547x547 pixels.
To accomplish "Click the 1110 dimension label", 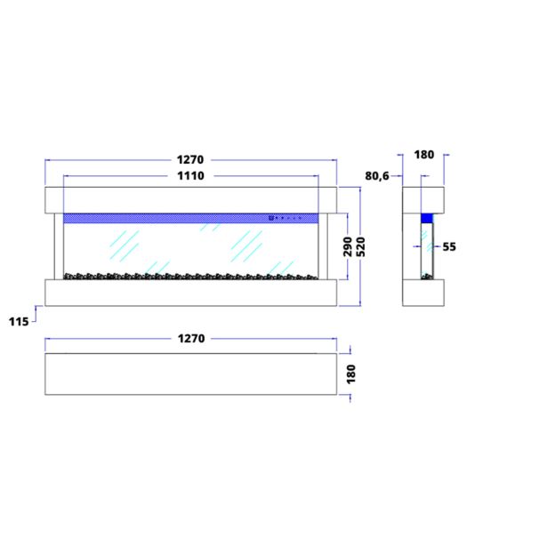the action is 190,176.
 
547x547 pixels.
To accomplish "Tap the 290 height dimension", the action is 348,246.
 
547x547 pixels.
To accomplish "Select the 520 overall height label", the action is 361,246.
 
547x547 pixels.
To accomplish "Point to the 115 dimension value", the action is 19,322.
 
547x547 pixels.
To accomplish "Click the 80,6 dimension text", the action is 377,176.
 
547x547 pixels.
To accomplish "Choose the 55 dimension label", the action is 449,247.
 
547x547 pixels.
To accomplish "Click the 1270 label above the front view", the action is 190,160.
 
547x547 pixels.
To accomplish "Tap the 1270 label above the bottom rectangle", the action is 191,339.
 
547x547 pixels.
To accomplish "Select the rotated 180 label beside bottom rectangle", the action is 351,374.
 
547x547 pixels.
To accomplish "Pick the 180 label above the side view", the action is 424,155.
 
